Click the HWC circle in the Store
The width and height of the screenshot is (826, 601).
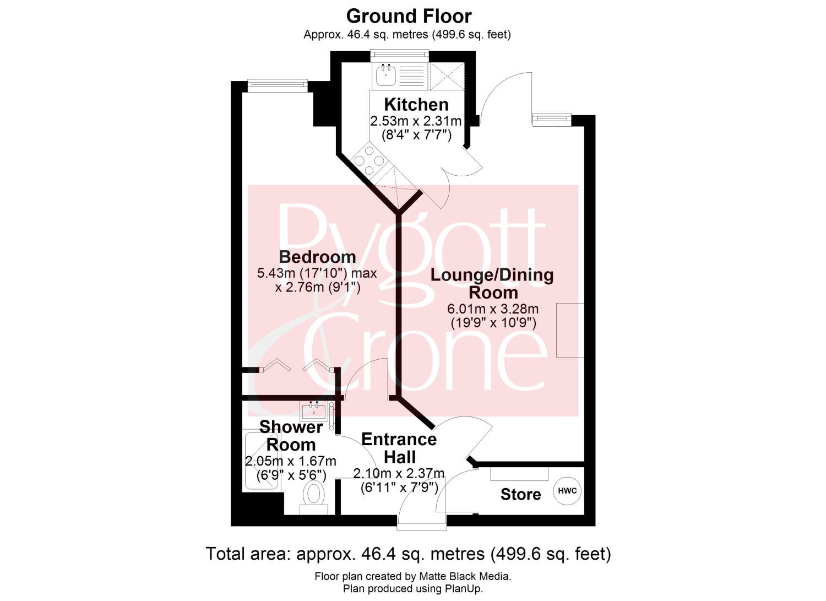pyautogui.click(x=567, y=491)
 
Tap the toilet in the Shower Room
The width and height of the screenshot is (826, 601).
pyautogui.click(x=313, y=497)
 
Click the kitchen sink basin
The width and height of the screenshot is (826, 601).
pyautogui.click(x=386, y=75)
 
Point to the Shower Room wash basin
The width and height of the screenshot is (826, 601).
pyautogui.click(x=313, y=411)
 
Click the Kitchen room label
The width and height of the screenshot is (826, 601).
pyautogui.click(x=416, y=105)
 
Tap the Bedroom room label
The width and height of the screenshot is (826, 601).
pyautogui.click(x=318, y=257)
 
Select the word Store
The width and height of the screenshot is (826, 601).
pyautogui.click(x=520, y=494)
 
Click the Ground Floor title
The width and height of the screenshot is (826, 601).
pyautogui.click(x=409, y=16)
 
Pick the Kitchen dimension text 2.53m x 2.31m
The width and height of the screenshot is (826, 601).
pyautogui.click(x=416, y=121)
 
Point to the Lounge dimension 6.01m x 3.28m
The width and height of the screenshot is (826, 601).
pyautogui.click(x=493, y=308)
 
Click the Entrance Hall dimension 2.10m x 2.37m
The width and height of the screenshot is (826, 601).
pyautogui.click(x=399, y=473)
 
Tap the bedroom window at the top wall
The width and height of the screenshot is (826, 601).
pyautogui.click(x=278, y=85)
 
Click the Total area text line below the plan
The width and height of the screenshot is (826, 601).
pyautogui.click(x=408, y=554)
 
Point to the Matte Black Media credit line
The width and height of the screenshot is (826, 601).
pyautogui.click(x=413, y=576)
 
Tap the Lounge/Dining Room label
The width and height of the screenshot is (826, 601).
pyautogui.click(x=492, y=284)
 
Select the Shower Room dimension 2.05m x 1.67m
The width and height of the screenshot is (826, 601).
pyautogui.click(x=291, y=461)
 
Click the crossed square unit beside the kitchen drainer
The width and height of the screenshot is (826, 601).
pyautogui.click(x=447, y=76)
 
